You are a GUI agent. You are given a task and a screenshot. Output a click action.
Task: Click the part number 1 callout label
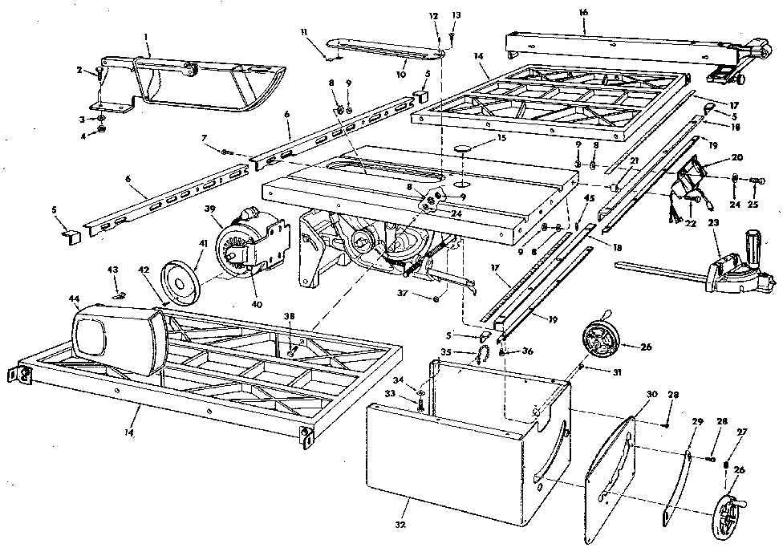(x=146, y=36)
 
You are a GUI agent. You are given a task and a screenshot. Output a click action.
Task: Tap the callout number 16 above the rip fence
(x=582, y=13)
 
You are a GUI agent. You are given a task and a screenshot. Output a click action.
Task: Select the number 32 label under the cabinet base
(x=400, y=524)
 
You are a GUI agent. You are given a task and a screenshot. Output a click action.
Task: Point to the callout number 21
(x=634, y=160)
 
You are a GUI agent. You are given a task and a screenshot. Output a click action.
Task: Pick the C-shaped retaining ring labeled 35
(x=481, y=354)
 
